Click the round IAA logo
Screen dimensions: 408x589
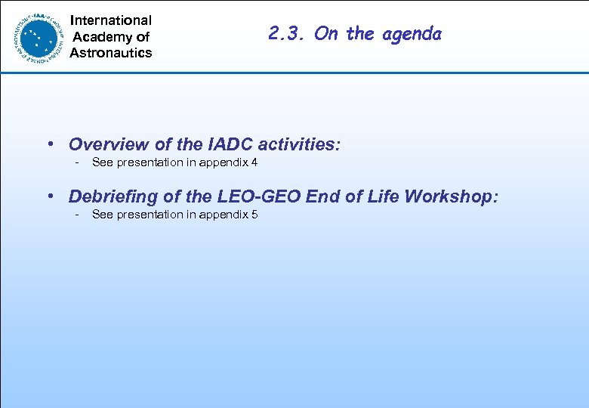tap(37, 36)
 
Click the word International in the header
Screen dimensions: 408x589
tap(110, 20)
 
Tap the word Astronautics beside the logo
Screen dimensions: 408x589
tap(110, 53)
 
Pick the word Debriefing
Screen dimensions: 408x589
tap(113, 196)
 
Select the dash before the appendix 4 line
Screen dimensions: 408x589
tap(76, 162)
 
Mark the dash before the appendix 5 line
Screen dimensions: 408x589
tap(76, 215)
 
